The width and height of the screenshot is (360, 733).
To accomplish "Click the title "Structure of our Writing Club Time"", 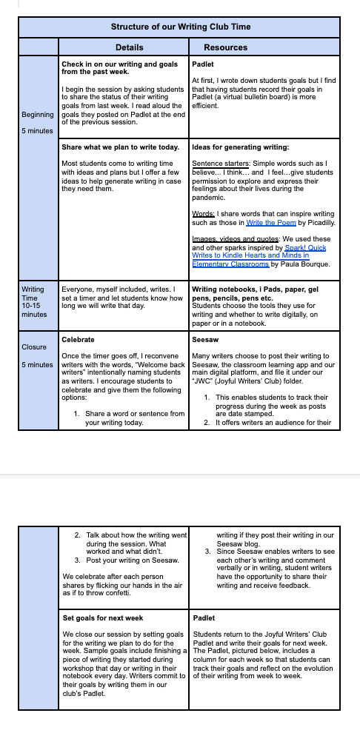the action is click(x=181, y=27).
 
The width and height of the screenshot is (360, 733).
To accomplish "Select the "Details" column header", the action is click(x=130, y=47).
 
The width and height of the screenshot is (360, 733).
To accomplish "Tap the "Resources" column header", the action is click(x=225, y=47).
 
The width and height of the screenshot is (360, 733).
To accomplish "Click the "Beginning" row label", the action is click(x=38, y=115).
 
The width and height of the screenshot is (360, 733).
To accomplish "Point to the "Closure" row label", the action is click(x=34, y=347).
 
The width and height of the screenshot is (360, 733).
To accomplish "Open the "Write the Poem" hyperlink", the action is click(x=270, y=223).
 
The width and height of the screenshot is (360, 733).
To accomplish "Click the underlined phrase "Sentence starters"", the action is click(x=221, y=164).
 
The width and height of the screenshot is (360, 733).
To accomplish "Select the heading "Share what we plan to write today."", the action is click(x=121, y=147).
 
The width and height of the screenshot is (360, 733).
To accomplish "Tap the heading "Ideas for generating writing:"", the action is click(x=241, y=147).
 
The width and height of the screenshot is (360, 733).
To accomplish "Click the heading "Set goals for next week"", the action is click(x=103, y=618).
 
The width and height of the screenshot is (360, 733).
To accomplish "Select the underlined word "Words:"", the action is click(x=204, y=214).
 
